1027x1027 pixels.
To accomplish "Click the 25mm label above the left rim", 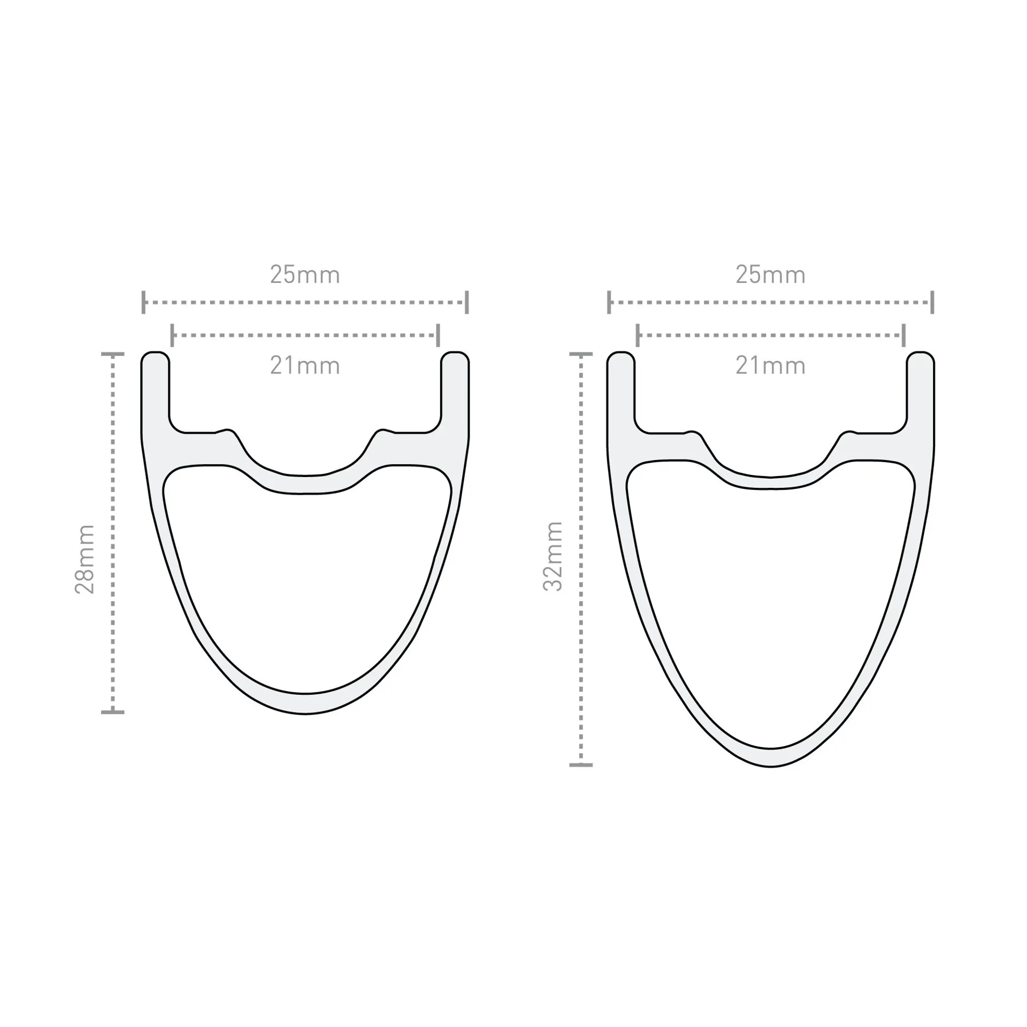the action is pos(305,275).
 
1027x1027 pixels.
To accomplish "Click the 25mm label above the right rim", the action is pos(770,275).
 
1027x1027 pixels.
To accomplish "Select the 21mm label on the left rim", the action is pos(305,366).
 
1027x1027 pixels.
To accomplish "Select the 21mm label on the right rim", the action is pos(770,366).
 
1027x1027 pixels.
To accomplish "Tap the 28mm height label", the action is pos(85,560).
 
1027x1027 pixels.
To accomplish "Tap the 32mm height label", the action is pos(553,556).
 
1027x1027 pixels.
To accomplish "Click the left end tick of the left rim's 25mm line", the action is pos(143,302).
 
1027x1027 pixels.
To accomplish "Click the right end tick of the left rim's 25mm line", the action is pos(467,302).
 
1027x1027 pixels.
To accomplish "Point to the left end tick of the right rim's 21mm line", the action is pos(638,335).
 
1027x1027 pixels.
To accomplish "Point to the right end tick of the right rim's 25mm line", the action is pos(932,302).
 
